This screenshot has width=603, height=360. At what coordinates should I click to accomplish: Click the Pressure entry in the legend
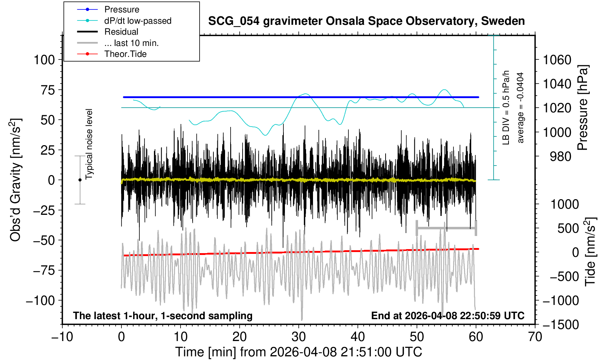(121, 9)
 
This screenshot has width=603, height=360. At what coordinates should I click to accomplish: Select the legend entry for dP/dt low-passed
(138, 21)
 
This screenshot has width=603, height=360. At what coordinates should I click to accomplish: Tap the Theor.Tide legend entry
(125, 54)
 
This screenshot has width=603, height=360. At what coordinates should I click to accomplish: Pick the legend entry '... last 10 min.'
(131, 43)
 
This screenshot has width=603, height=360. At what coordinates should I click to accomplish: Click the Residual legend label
(121, 32)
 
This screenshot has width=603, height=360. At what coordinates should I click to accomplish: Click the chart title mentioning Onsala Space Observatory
(366, 21)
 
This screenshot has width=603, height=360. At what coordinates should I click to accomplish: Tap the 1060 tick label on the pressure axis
(557, 59)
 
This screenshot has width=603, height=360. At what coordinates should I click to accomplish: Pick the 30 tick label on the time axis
(299, 337)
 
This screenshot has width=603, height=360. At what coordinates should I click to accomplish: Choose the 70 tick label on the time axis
(535, 337)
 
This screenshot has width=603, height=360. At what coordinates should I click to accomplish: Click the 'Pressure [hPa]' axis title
(583, 108)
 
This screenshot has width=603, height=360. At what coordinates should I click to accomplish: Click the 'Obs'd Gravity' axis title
(16, 180)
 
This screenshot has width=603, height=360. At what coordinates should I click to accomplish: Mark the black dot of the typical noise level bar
(80, 180)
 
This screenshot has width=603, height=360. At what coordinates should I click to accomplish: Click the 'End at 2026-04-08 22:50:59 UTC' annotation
(448, 316)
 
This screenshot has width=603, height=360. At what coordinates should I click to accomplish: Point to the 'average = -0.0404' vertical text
(521, 108)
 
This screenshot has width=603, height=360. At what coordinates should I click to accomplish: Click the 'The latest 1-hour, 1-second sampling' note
(163, 316)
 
